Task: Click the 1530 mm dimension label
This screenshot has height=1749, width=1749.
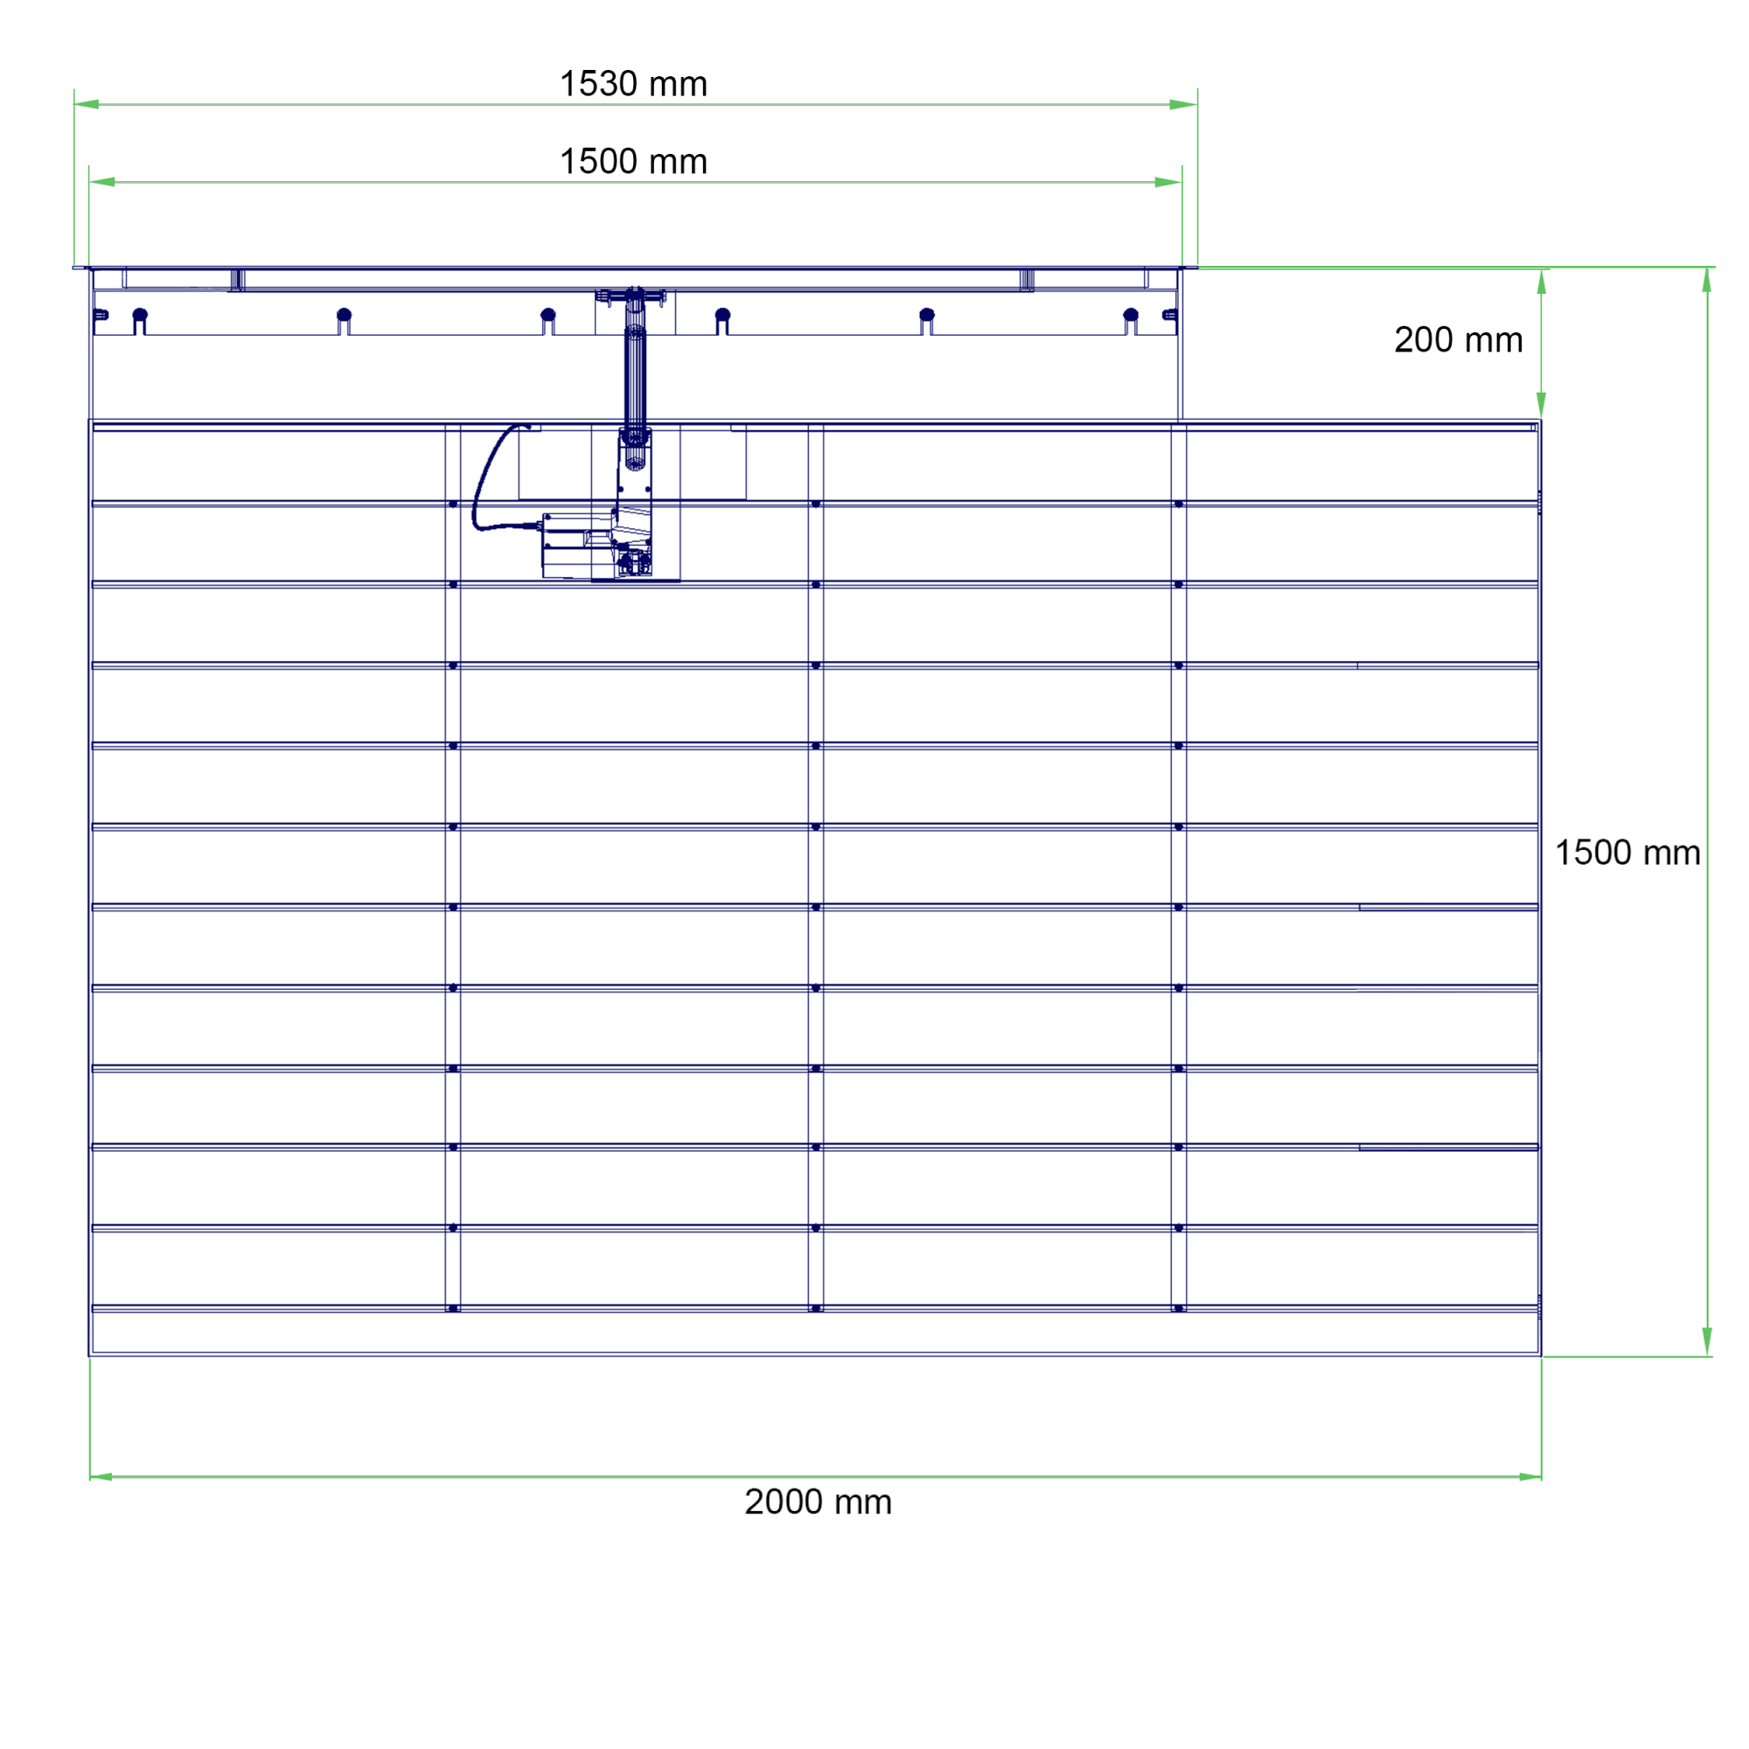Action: point(633,84)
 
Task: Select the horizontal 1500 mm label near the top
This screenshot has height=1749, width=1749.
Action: point(633,162)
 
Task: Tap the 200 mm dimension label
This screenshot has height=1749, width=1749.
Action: point(1459,340)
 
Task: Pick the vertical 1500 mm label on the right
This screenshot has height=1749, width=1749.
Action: point(1627,853)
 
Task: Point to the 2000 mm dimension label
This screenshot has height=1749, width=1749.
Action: point(818,1502)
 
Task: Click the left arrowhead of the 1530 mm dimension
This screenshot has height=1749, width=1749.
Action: point(87,104)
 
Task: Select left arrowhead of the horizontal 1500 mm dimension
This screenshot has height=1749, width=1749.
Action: point(102,182)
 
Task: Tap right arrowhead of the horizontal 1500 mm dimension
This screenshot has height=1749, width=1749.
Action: point(1167,182)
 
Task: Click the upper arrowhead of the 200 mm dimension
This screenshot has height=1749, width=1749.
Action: point(1542,282)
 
